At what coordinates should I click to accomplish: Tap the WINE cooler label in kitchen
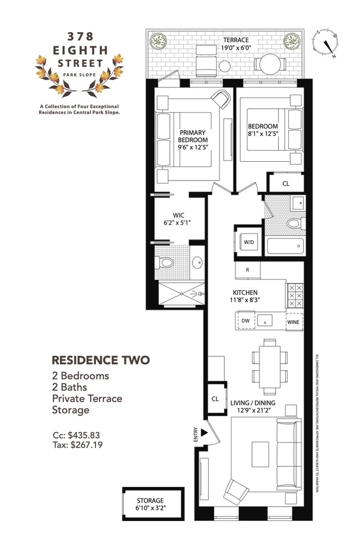tap(293, 321)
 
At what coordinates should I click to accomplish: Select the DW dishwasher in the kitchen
tap(245, 321)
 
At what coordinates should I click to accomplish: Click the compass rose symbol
tap(328, 43)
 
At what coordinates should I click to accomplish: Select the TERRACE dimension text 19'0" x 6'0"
tap(236, 48)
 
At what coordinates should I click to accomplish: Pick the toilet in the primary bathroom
tap(166, 262)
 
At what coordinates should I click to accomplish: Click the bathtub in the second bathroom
tap(285, 246)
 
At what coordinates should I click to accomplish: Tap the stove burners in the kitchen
tap(294, 296)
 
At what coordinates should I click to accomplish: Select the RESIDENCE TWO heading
tap(100, 360)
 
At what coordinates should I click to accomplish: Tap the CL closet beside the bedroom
tap(285, 183)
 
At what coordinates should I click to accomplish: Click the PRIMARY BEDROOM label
tap(193, 136)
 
